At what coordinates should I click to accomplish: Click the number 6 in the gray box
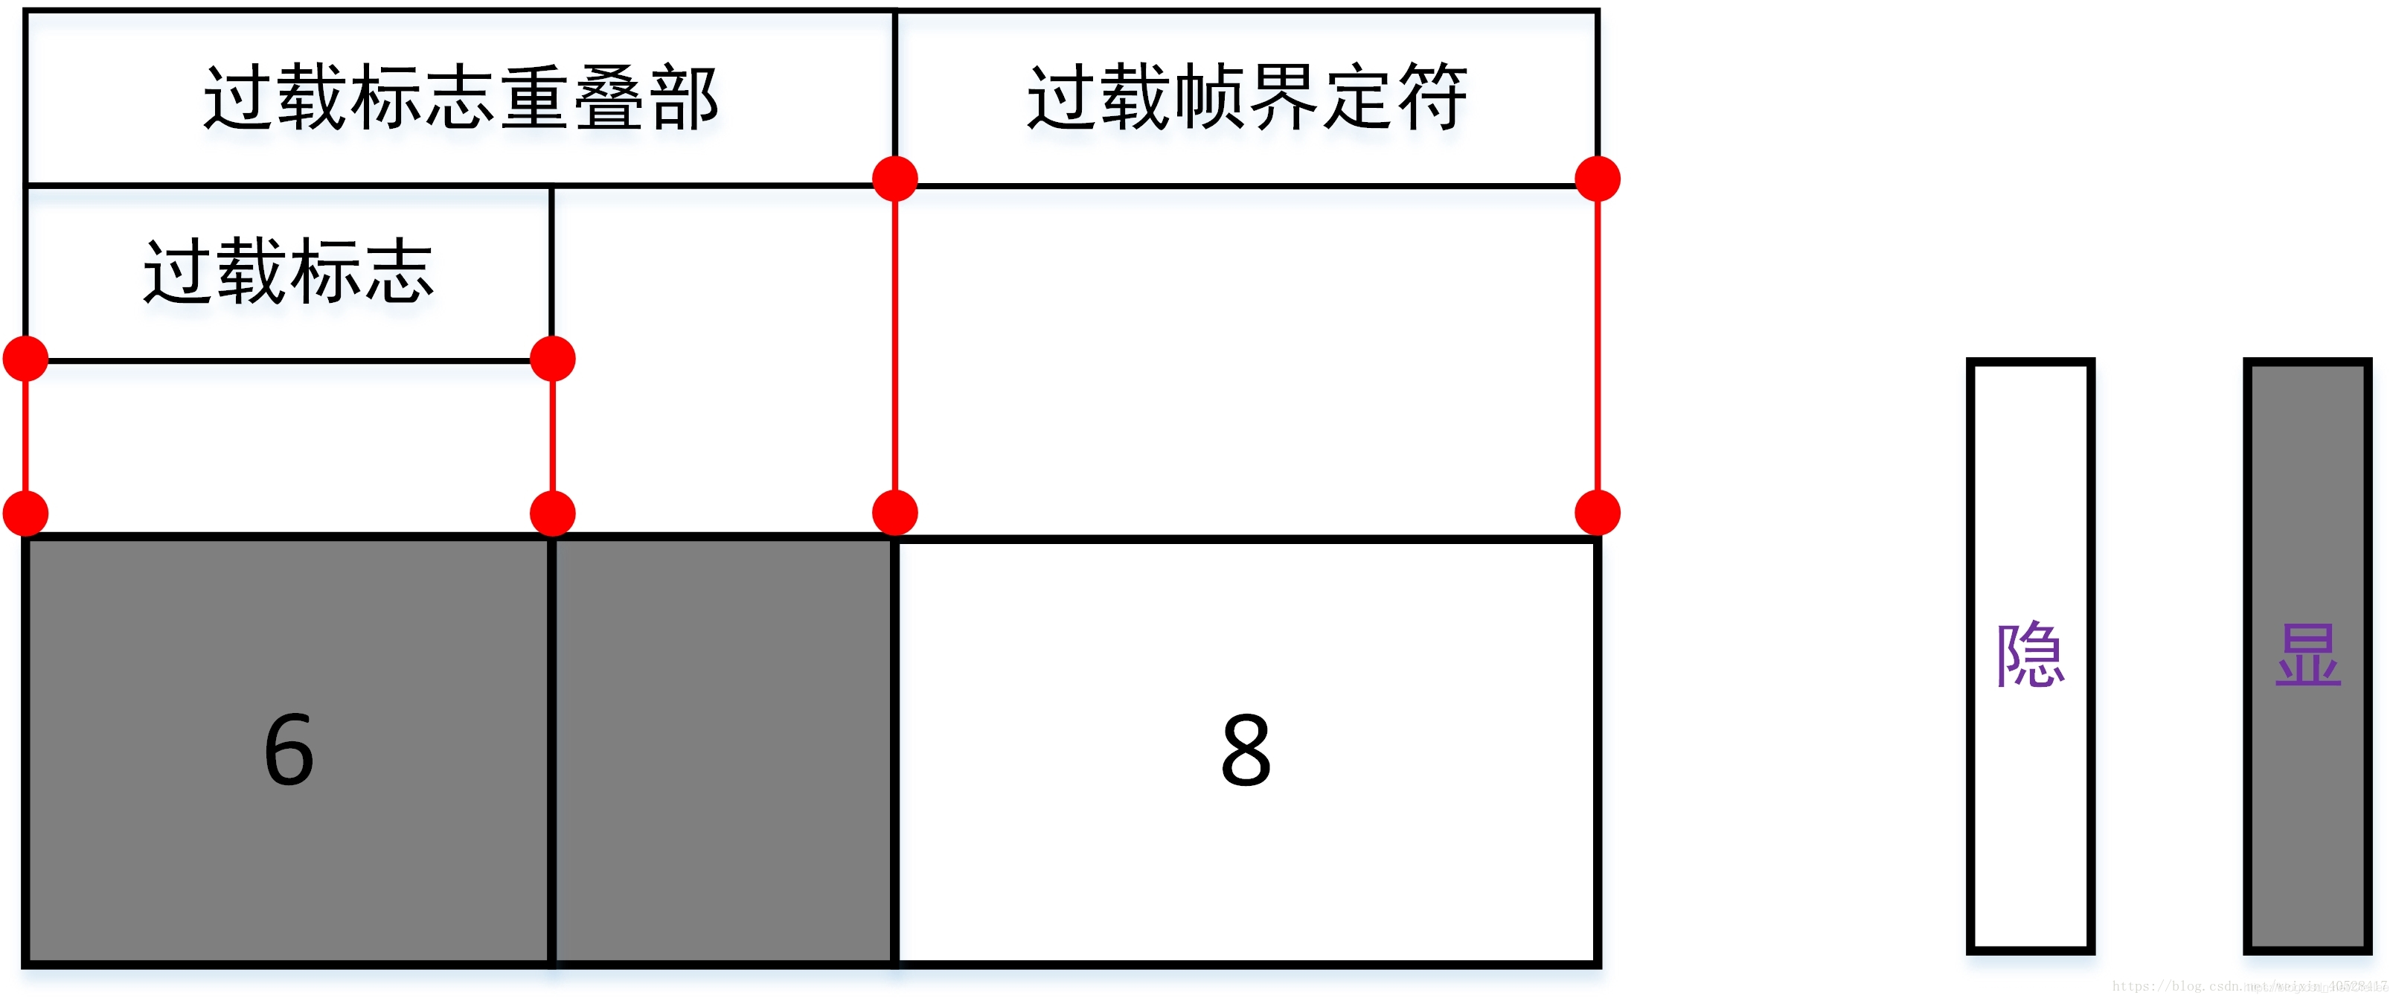(x=289, y=750)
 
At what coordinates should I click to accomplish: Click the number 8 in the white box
(x=1246, y=750)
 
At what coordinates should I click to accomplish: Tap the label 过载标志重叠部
(x=461, y=97)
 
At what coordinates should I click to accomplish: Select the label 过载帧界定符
(x=1246, y=97)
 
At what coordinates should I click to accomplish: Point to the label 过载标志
(x=289, y=272)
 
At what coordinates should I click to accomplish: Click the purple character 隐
(x=2031, y=655)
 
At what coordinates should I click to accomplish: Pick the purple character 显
(x=2307, y=655)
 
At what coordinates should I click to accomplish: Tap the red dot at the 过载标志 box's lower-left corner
(x=26, y=359)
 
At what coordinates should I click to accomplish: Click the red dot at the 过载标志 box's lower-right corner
(x=552, y=359)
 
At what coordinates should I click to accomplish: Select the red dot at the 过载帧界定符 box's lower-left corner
(x=894, y=179)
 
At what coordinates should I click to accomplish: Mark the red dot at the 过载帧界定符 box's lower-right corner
(x=1598, y=179)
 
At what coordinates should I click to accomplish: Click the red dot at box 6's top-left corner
(x=26, y=513)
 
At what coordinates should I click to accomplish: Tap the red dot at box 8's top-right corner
(x=1598, y=513)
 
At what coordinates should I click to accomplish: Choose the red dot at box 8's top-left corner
(x=894, y=513)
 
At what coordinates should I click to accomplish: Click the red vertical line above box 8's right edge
(x=1598, y=344)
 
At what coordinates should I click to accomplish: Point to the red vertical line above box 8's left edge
(x=894, y=344)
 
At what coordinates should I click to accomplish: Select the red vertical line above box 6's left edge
(x=26, y=435)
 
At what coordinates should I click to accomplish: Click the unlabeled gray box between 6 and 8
(x=723, y=750)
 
